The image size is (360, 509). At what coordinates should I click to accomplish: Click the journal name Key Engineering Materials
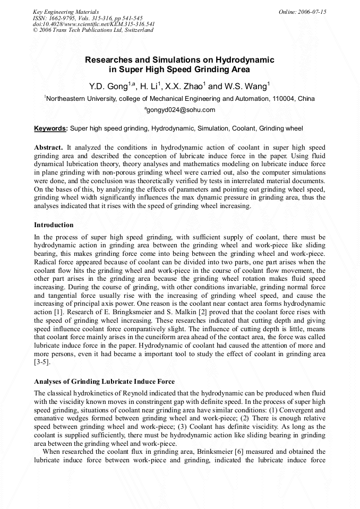[x=66, y=11]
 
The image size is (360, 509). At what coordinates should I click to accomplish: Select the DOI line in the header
[x=93, y=24]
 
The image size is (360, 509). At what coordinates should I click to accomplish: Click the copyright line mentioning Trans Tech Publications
[x=93, y=30]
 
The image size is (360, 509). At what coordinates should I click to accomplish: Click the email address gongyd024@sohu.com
[x=180, y=110]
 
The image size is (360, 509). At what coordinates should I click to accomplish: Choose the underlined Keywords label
[x=50, y=128]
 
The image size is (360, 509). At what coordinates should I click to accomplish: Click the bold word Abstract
[x=48, y=146]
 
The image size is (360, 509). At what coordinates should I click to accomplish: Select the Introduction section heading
[x=54, y=225]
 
